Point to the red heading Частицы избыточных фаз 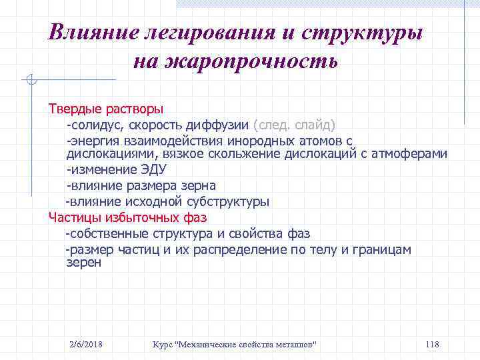127,217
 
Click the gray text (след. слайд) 294,125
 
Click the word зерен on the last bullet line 84,263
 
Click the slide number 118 431,343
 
